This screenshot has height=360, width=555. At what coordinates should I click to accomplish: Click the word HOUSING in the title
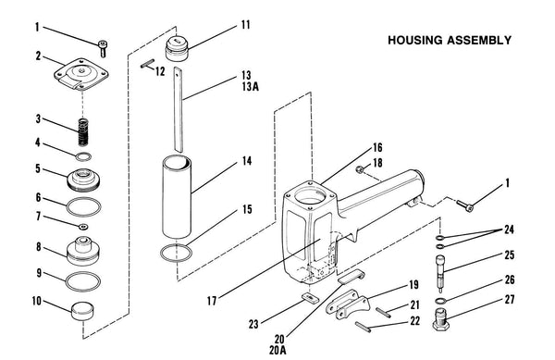click(x=415, y=40)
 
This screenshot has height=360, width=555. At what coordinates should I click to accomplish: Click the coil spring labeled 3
click(x=83, y=131)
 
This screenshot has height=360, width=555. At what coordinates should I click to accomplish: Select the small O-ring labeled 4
click(x=83, y=156)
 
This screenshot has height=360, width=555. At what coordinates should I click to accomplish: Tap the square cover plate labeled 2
click(x=81, y=75)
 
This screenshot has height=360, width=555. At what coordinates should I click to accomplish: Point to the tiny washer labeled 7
click(x=83, y=227)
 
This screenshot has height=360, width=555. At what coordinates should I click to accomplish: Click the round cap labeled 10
click(x=83, y=311)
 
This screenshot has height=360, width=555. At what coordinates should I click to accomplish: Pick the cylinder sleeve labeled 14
click(x=177, y=197)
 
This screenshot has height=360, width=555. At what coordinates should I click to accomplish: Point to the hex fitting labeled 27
click(x=441, y=319)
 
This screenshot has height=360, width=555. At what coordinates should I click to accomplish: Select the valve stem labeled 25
click(x=440, y=274)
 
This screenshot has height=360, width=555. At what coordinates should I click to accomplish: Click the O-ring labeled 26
click(x=439, y=301)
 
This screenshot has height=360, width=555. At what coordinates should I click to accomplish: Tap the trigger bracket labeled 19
click(x=347, y=304)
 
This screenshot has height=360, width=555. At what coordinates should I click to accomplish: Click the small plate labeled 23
click(x=310, y=298)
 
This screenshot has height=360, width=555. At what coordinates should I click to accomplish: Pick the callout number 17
click(x=212, y=302)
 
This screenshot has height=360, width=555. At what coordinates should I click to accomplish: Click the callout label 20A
click(x=277, y=351)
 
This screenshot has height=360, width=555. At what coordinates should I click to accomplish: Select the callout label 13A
click(x=251, y=86)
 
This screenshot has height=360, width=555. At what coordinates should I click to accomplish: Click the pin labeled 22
click(x=364, y=326)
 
